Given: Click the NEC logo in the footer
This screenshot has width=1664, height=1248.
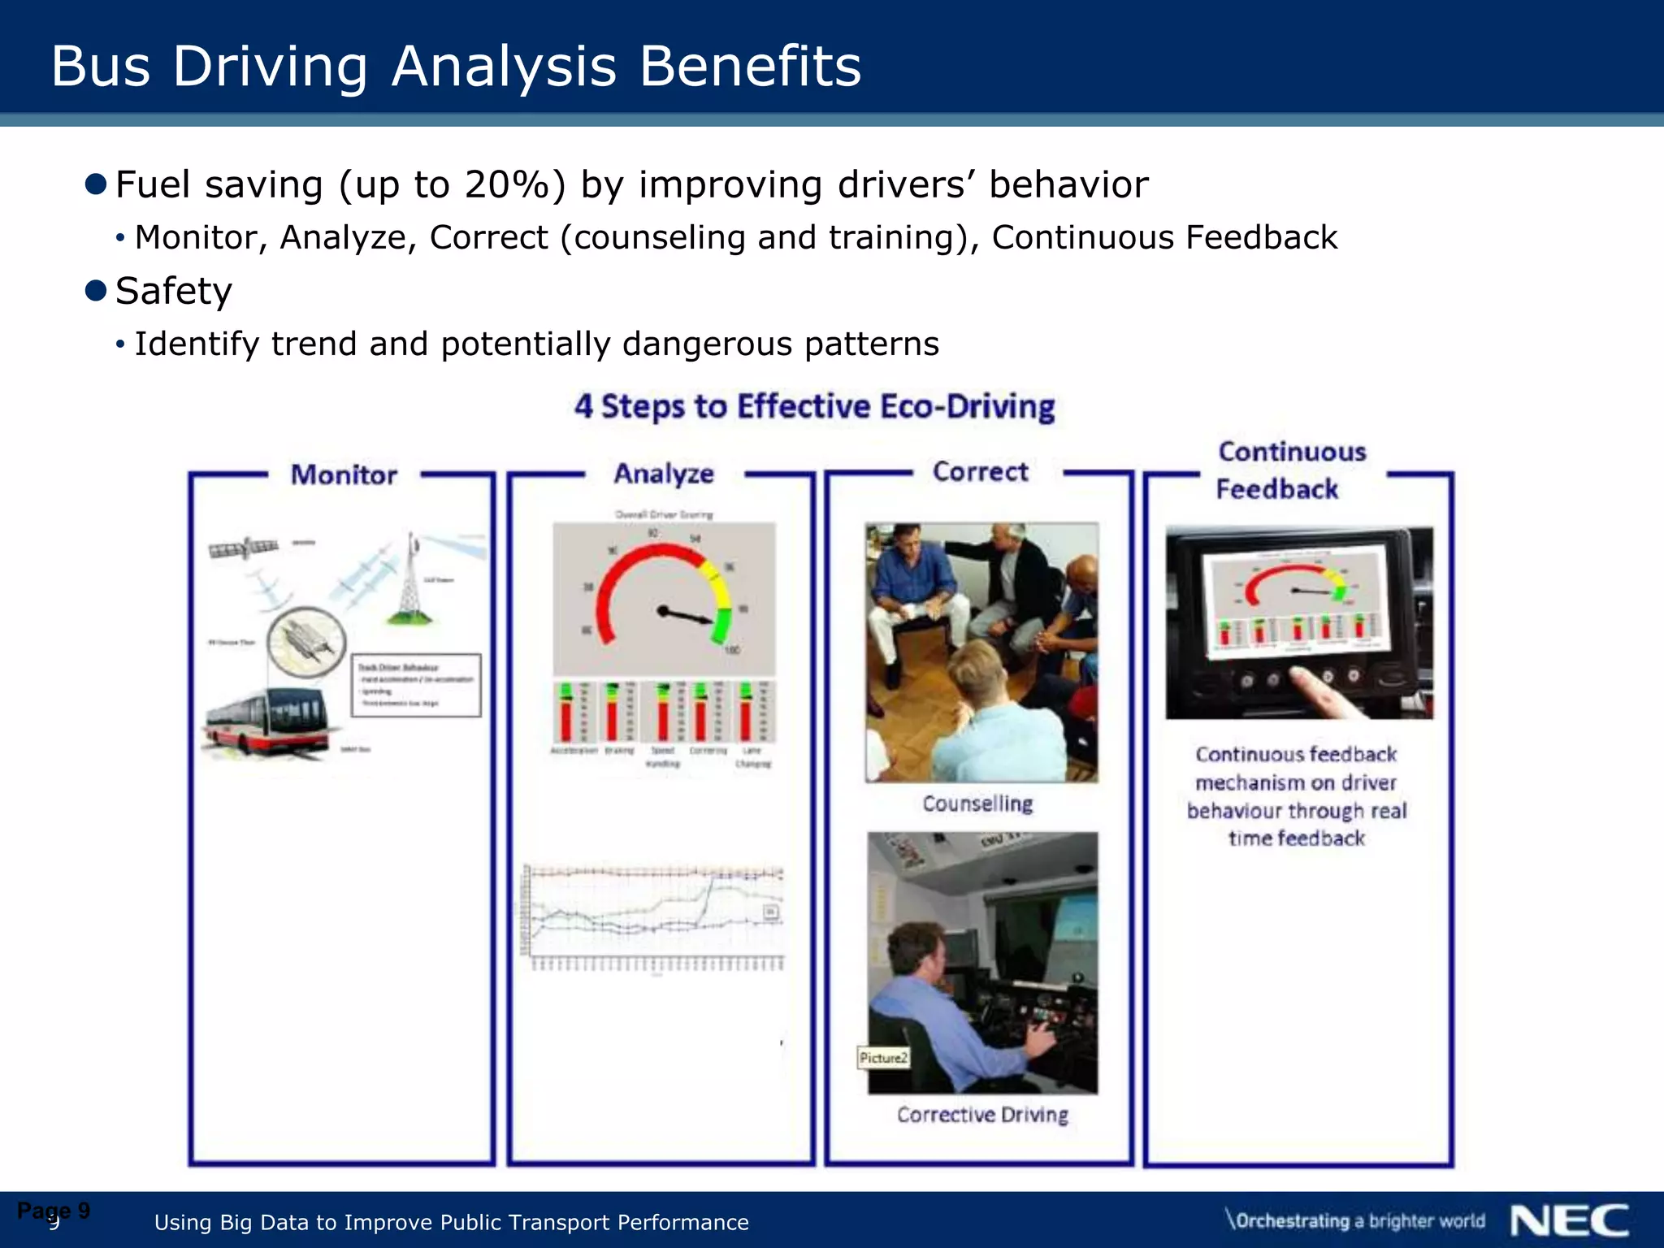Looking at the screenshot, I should click(1569, 1220).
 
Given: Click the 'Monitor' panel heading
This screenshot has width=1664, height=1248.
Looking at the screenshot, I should click(344, 474).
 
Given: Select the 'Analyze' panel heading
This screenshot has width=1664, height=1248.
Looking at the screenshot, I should click(664, 474).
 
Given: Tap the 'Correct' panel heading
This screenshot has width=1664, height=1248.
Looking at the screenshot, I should click(980, 471).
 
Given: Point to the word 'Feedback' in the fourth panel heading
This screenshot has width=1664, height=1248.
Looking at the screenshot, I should click(1276, 489).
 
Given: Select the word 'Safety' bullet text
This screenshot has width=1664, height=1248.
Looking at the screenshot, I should click(174, 291).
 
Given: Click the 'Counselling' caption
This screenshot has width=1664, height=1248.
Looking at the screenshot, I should click(977, 804).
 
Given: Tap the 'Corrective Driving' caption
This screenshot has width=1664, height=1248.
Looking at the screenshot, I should click(982, 1115).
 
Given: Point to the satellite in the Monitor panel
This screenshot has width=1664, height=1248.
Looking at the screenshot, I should click(244, 548).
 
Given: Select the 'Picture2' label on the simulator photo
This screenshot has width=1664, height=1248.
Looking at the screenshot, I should click(883, 1058).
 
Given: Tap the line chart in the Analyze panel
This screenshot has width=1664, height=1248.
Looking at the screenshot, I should click(654, 914).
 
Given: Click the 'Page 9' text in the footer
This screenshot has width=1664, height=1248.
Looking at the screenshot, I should click(54, 1211).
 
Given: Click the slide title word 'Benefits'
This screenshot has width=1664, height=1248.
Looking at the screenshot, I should click(749, 67).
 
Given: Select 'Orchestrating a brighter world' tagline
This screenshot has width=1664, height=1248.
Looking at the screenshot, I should click(1355, 1220).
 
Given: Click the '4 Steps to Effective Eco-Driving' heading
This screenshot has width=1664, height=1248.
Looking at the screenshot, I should click(814, 406).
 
